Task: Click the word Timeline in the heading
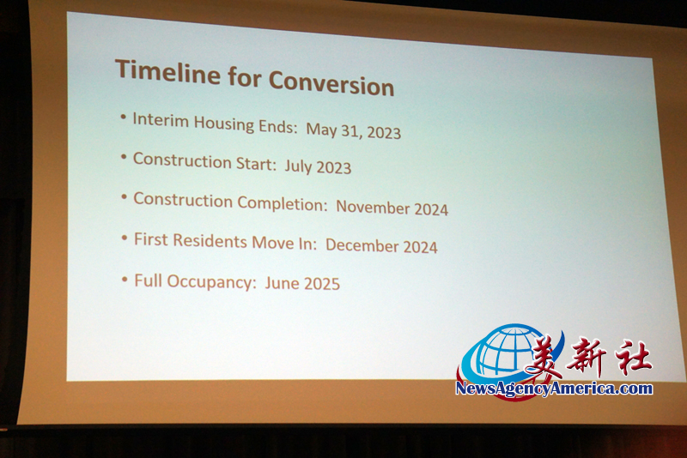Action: [167, 72]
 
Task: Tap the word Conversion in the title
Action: [331, 83]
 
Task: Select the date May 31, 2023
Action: [353, 130]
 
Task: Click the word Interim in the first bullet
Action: [161, 119]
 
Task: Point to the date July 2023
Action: [318, 166]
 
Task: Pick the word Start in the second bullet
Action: [256, 164]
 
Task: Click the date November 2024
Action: [392, 208]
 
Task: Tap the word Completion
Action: [283, 203]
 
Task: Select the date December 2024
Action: [381, 246]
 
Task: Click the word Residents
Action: [210, 241]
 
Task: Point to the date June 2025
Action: [302, 283]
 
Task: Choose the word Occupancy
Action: [211, 281]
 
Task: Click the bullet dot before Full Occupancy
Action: [125, 279]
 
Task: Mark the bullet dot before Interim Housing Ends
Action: [124, 117]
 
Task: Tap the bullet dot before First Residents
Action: [125, 238]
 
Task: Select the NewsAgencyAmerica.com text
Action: [554, 389]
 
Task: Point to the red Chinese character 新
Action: [586, 357]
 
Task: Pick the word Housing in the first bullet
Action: [224, 124]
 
